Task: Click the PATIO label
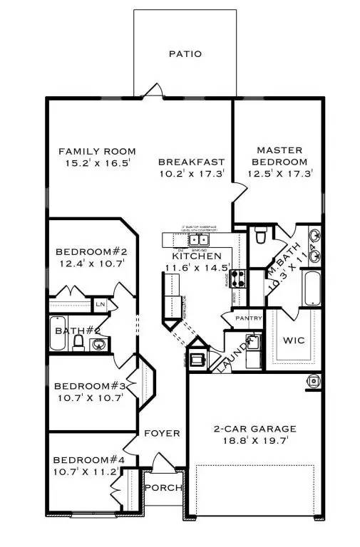click(185, 53)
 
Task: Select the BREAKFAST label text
click(191, 162)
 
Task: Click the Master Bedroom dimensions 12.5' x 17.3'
click(279, 173)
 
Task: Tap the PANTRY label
click(249, 318)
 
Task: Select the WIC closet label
click(294, 340)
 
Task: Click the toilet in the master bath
click(261, 234)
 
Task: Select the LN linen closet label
click(101, 305)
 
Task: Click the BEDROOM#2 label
click(91, 252)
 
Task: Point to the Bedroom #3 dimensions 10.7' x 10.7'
click(91, 397)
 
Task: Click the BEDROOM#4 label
click(89, 460)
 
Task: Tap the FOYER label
click(162, 434)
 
